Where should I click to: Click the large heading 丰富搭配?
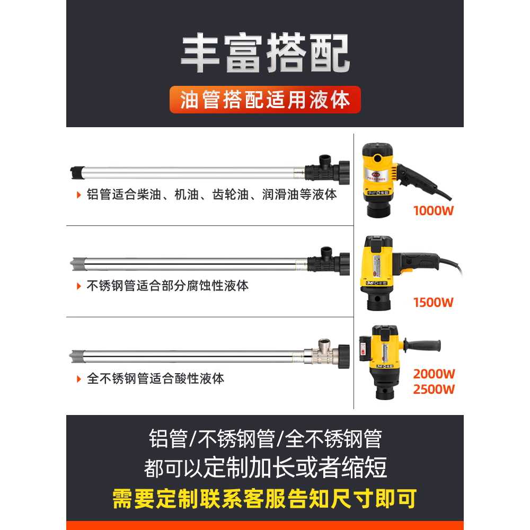pos(265,54)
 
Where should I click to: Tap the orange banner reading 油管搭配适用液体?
pos(265,100)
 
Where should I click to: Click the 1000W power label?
pos(434,211)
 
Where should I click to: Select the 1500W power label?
pos(434,303)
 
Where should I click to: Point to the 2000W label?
pos(434,374)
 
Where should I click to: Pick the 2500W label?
pos(434,390)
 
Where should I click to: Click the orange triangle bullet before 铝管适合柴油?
pos(79,195)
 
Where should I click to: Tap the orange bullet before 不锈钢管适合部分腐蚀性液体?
pos(79,286)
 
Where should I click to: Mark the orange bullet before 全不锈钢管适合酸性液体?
pos(79,379)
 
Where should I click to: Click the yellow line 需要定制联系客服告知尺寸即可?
pos(264,499)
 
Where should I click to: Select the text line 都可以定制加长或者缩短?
pos(266,468)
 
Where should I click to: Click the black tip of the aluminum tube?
pos(76,172)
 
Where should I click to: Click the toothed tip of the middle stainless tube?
pos(76,264)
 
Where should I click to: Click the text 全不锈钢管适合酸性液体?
pos(155,378)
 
